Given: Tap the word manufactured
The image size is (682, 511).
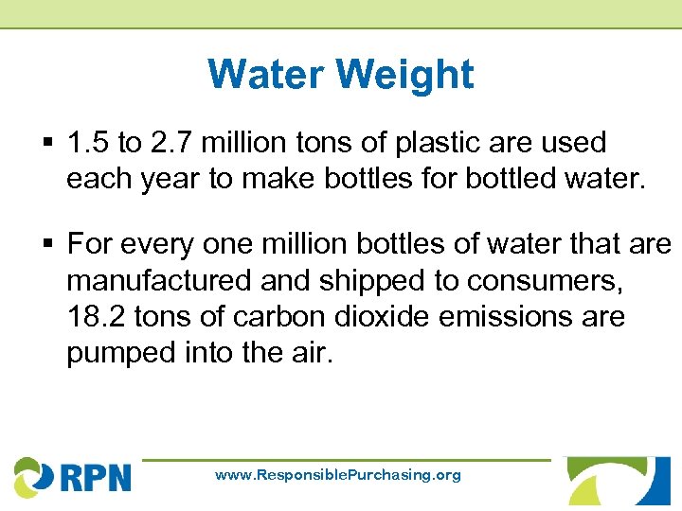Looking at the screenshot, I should tap(152, 281).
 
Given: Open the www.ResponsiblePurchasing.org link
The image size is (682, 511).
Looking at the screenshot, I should tap(338, 475).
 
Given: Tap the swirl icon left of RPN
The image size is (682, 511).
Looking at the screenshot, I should tap(32, 476).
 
